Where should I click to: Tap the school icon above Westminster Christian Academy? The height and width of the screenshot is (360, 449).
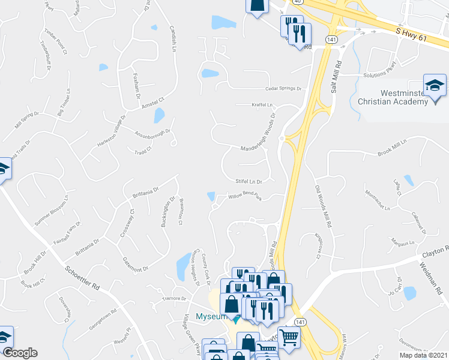pyautogui.click(x=435, y=85)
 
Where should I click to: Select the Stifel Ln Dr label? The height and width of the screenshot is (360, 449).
pyautogui.click(x=258, y=180)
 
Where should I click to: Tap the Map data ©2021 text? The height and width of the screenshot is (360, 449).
pyautogui.click(x=423, y=355)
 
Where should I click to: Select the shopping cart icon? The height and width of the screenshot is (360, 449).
pyautogui.click(x=289, y=337)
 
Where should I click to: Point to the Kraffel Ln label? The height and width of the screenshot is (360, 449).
pyautogui.click(x=262, y=104)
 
